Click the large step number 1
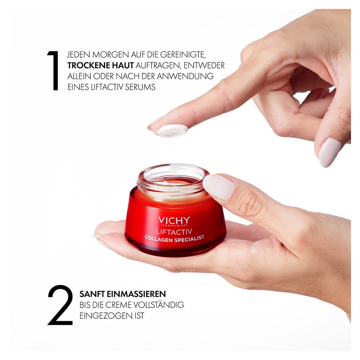(53, 70)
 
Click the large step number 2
(60, 305)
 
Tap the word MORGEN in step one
(111, 55)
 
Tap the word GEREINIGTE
(182, 55)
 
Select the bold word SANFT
(92, 294)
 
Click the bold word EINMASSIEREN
(136, 294)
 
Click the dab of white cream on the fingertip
(172, 131)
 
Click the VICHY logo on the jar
(174, 221)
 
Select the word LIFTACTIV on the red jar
(174, 231)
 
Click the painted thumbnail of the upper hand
(330, 152)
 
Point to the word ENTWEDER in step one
(204, 66)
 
